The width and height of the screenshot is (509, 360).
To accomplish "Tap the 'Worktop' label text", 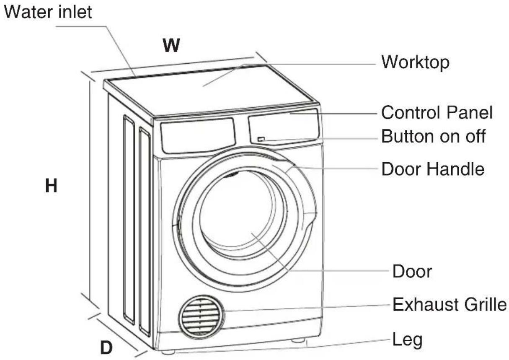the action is [416, 62].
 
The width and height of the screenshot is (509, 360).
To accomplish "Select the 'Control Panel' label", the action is [437, 112].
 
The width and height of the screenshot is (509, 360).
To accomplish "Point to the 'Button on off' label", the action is [434, 136].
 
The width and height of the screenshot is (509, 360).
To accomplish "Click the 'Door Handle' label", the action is [433, 169].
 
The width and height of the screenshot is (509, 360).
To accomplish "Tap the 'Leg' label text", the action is [408, 340].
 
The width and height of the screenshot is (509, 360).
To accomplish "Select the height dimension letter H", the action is [51, 186].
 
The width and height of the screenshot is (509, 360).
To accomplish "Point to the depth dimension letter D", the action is [106, 347].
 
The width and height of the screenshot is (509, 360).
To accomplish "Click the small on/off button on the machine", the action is [261, 139].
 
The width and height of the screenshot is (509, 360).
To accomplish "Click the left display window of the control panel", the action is [198, 135].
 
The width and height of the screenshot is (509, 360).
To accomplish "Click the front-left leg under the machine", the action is [168, 352].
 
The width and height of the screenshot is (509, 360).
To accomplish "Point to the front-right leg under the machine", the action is [298, 340].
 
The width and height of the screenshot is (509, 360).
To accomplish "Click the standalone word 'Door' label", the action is [412, 272].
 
